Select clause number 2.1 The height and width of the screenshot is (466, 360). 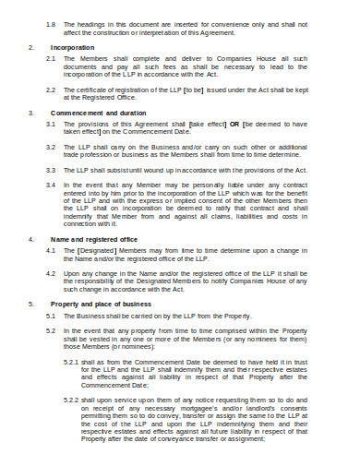pos(50,57)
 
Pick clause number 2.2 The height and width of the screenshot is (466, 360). pos(50,89)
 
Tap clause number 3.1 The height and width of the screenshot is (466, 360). pos(50,124)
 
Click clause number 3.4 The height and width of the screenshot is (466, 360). pos(50,185)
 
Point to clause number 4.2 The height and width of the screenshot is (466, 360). pos(50,274)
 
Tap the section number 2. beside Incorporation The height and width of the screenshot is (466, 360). pos(30,46)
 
